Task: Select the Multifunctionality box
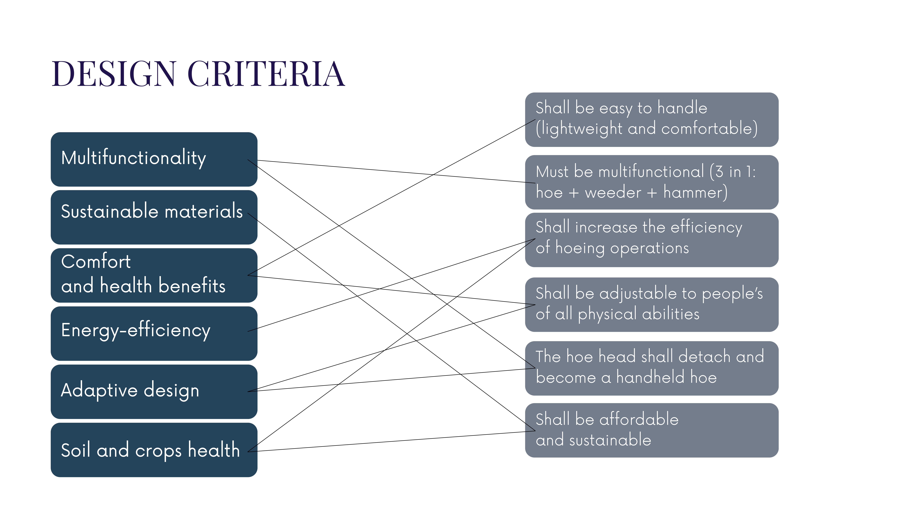(x=154, y=159)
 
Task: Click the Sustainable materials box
(x=154, y=217)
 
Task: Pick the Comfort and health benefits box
(x=154, y=275)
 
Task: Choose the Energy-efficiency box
(x=154, y=333)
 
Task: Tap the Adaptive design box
(x=154, y=391)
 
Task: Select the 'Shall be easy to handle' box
(x=652, y=120)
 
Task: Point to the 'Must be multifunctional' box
(x=652, y=182)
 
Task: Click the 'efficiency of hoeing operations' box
(x=652, y=240)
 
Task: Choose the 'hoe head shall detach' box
(x=652, y=368)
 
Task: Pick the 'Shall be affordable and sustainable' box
(x=652, y=430)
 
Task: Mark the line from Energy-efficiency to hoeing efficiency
(x=391, y=285)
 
